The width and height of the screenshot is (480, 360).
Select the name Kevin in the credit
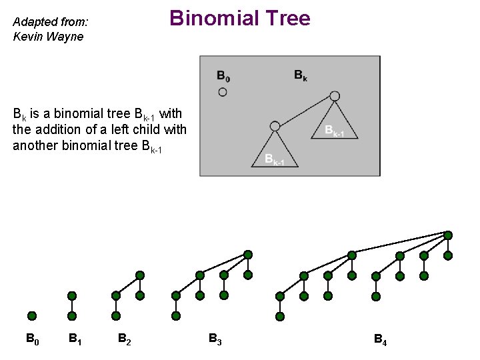coord(27,37)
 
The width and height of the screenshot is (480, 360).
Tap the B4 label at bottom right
coord(380,341)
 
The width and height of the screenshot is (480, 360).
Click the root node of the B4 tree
coord(448,235)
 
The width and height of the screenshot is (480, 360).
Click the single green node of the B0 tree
coord(32,316)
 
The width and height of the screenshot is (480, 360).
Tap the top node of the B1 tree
coord(72,295)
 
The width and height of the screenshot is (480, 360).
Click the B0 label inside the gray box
coord(223,75)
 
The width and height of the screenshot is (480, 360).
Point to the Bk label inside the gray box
coord(301,75)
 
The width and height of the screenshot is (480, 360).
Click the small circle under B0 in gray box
coord(223,92)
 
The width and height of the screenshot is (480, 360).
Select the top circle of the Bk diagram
coord(335,96)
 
